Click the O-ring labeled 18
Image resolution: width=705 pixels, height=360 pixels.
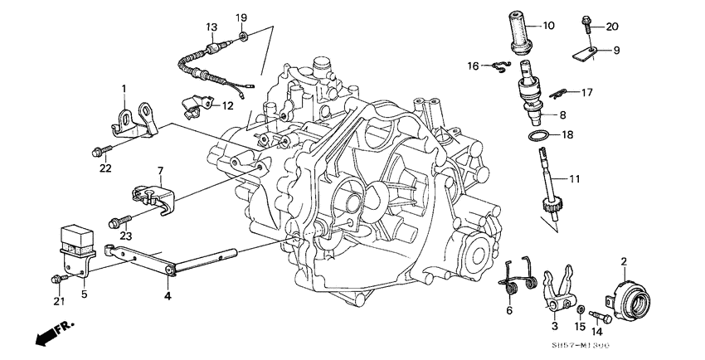click(538, 134)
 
